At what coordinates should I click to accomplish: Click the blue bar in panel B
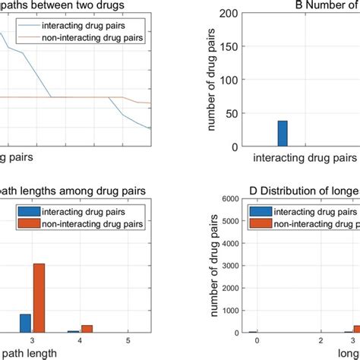coord(283,134)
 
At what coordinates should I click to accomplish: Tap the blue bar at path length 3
coord(25,323)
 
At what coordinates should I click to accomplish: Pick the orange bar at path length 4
coord(87,328)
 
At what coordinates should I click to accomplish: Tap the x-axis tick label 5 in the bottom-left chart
coord(127,339)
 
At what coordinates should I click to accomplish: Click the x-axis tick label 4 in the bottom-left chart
coord(79,339)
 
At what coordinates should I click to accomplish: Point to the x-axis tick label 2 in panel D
coord(322,339)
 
